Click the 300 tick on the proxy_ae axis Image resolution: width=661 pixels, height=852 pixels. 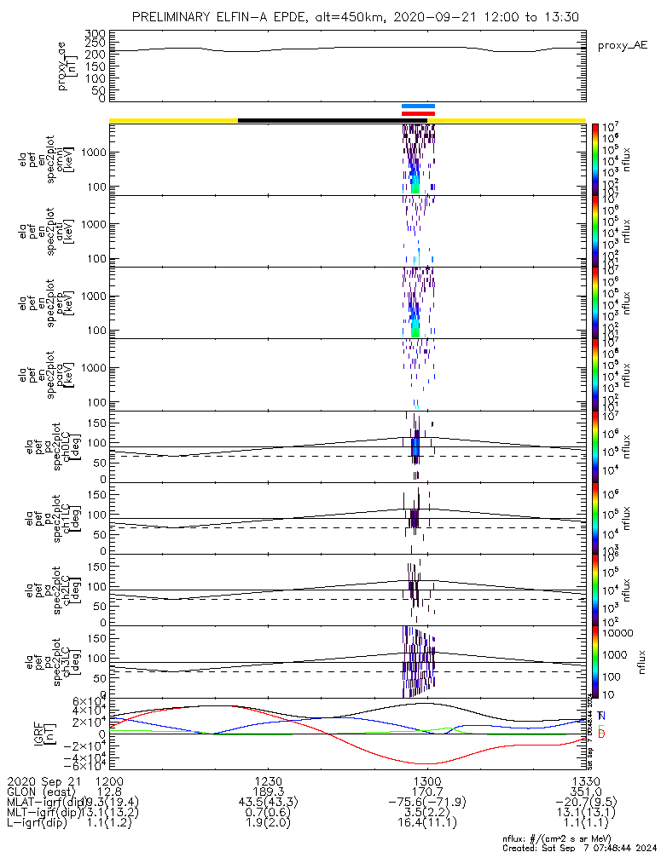(x=95, y=33)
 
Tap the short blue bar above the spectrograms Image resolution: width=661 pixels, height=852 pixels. (x=418, y=106)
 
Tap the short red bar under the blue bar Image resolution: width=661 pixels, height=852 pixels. (x=418, y=112)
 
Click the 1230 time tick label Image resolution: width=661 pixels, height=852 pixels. (x=268, y=780)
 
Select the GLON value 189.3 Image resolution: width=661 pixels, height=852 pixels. (x=268, y=792)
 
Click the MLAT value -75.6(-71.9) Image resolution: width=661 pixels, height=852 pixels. (x=426, y=803)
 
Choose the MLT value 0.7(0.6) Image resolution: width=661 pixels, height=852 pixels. (x=268, y=813)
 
